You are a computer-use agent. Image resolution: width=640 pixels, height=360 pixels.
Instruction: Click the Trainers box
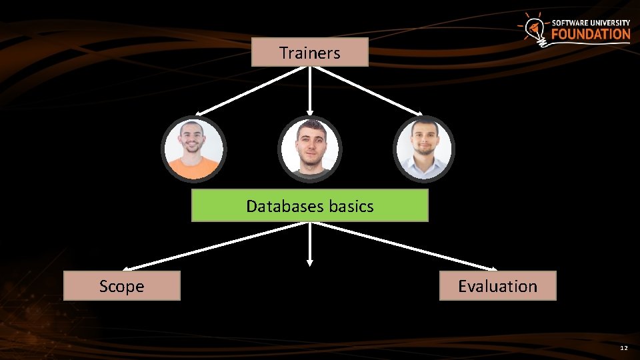[x=309, y=52]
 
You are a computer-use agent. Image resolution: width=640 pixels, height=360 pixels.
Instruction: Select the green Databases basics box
[x=309, y=205]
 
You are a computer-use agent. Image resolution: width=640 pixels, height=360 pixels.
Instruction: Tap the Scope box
[x=121, y=286]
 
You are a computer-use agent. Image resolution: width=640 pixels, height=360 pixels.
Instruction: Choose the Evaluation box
[x=497, y=286]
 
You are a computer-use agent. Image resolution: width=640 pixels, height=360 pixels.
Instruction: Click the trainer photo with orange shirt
[x=193, y=149]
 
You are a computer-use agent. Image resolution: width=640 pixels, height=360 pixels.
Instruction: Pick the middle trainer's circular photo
[x=309, y=149]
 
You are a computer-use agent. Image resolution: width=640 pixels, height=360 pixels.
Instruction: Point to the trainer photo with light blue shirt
[x=423, y=149]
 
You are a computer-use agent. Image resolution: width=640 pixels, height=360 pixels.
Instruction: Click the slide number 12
[x=623, y=348]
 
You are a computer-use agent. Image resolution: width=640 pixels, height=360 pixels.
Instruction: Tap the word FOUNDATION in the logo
[x=591, y=34]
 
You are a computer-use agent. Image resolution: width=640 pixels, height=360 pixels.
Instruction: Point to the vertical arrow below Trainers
[x=309, y=90]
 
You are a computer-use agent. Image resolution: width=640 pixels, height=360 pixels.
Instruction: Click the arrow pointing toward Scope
[x=213, y=245]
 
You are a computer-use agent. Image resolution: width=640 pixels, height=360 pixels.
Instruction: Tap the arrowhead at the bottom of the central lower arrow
[x=309, y=263]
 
